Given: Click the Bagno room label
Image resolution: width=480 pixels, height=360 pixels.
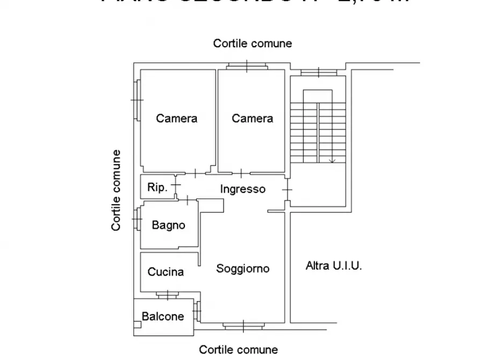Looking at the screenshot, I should point(168,226).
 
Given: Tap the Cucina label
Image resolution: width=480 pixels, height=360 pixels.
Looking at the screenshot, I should point(166,272).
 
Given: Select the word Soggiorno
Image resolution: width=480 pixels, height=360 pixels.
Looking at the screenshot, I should point(242,269).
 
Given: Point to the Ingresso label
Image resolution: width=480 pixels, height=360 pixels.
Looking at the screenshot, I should point(242,189).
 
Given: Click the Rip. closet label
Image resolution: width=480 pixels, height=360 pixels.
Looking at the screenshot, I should point(157,188).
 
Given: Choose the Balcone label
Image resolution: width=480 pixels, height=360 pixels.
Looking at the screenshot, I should point(162,316).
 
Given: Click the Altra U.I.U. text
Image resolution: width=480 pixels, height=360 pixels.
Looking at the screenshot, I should point(334,265).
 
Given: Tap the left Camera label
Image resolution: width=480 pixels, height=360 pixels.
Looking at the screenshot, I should point(176,118).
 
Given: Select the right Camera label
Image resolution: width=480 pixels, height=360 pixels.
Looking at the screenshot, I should point(252,118).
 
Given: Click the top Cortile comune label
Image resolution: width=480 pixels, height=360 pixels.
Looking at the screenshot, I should point(252,44).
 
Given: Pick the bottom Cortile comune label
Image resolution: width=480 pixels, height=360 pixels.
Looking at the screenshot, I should point(239,350).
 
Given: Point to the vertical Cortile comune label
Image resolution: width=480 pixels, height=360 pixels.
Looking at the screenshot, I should point(116,191).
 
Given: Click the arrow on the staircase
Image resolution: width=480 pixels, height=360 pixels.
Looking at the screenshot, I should point(332,160).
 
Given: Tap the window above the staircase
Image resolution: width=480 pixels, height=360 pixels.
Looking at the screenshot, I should point(318,72).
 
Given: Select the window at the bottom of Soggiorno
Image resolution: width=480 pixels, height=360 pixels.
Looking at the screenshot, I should point(243,326).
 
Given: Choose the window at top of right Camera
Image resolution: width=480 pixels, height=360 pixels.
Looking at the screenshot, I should point(247,66).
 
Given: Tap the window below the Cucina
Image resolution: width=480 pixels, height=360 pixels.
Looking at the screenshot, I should point(168,294).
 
